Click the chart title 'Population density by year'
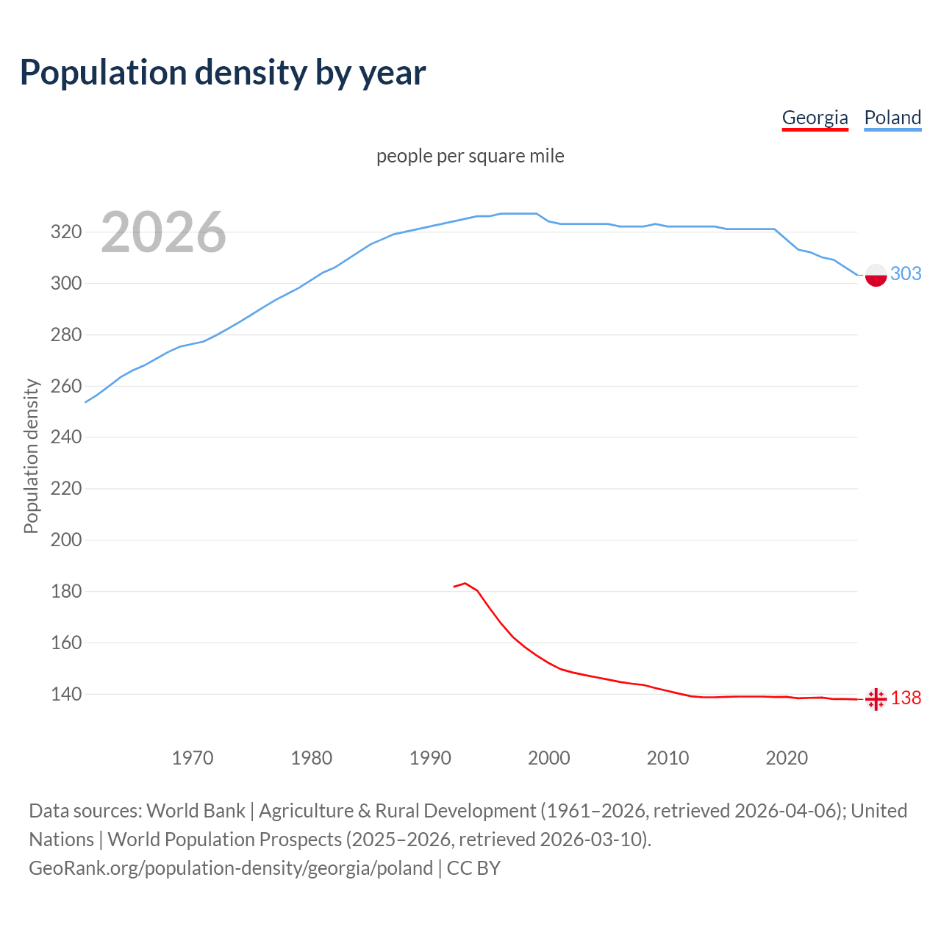223,72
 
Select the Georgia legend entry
815,118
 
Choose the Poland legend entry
892,118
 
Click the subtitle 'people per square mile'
470,156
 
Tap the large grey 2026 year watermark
163,232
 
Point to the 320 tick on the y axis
65,232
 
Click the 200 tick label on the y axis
65,540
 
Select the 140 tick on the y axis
65,694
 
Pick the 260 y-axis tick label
65,386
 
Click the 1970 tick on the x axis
193,758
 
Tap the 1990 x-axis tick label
430,758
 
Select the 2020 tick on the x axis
787,758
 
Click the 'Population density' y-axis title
31,456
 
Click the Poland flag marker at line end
876,275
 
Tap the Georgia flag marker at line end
876,698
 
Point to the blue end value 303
906,273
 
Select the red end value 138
906,698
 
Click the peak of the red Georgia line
465,583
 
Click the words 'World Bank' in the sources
196,810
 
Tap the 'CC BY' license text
473,867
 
